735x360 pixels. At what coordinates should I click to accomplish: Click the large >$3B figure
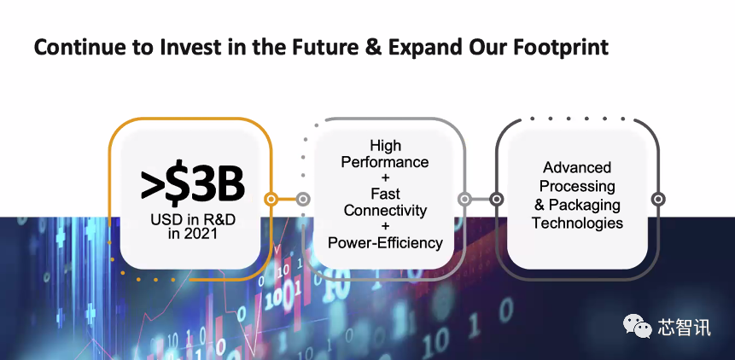point(192,186)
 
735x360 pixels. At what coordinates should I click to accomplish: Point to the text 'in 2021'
point(192,233)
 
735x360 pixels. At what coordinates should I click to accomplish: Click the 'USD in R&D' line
point(193,219)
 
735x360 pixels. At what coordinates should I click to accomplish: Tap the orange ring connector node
point(271,200)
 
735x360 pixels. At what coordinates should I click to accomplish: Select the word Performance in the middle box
point(385,162)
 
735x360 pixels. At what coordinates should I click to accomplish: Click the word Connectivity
point(385,210)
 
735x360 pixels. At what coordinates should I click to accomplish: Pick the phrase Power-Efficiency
point(385,242)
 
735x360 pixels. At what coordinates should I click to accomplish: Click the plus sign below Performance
point(385,178)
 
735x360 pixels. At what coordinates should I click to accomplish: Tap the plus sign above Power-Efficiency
point(385,227)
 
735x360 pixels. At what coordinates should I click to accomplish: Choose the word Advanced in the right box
point(577,167)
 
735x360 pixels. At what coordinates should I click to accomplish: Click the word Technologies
point(577,223)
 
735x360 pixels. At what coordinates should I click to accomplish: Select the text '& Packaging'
point(577,205)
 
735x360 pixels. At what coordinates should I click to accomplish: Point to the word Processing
point(577,186)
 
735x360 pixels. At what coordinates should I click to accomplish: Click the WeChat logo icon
point(637,326)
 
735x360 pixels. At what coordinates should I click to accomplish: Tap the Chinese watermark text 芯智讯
point(684,327)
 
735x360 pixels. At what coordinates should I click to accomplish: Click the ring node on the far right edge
point(658,200)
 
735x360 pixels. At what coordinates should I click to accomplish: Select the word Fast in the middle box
point(385,194)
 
